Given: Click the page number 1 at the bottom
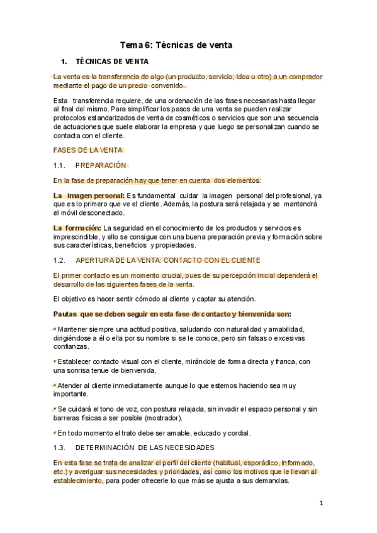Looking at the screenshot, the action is (321, 503).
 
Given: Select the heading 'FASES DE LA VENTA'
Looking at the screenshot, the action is (87, 150).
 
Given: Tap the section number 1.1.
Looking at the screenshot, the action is (60, 165).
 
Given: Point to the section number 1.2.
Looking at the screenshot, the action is (60, 260).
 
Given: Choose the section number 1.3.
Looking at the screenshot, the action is (60, 448).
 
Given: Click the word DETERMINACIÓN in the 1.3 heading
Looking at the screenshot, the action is (104, 448).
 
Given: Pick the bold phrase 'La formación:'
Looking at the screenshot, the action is (77, 228).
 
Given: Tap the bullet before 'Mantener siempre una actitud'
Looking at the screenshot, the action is (55, 329).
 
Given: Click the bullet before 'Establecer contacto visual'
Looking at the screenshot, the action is (55, 361).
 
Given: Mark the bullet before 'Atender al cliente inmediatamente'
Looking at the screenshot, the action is (55, 385).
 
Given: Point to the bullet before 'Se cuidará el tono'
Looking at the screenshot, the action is (55, 409).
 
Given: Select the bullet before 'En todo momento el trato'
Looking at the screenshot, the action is (55, 432).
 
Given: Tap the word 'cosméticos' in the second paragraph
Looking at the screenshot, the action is (176, 118).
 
